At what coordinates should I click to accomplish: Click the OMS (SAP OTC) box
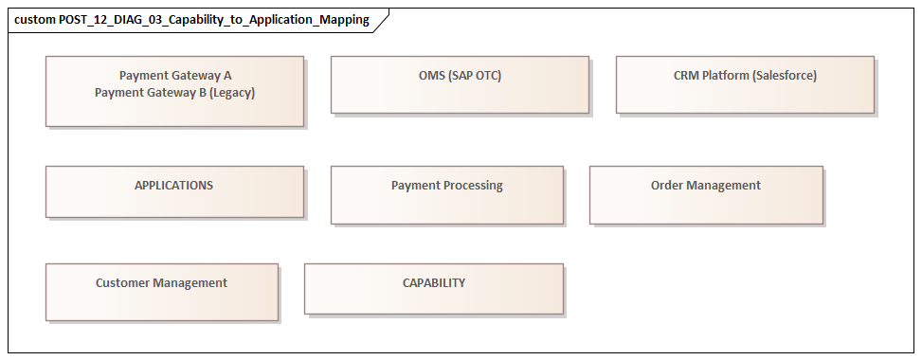(460, 85)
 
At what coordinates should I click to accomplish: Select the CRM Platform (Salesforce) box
(745, 85)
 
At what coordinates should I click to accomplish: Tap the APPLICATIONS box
(174, 191)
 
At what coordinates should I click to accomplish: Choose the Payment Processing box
(446, 194)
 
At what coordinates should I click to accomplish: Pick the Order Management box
(705, 194)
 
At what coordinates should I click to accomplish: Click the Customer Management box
(161, 291)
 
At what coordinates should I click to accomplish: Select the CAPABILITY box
(433, 288)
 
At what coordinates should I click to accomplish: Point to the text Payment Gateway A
(175, 76)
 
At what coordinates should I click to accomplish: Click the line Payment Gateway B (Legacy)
(175, 93)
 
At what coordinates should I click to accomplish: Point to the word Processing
(471, 186)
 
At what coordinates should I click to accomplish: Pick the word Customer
(122, 283)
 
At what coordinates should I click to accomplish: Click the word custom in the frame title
(34, 20)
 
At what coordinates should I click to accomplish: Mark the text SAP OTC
(474, 76)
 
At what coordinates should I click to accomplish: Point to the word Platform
(724, 76)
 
